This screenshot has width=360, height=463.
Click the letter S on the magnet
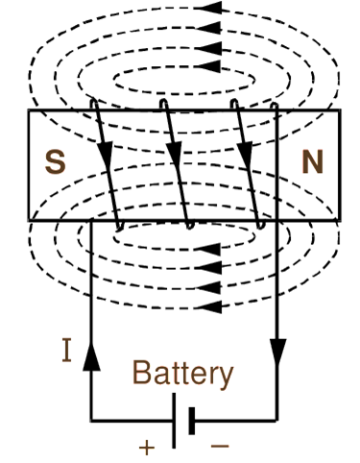pos(57,161)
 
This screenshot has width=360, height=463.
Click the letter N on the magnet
pos(312,161)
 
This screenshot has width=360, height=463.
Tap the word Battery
pos(182,373)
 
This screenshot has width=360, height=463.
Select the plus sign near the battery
pos(147,447)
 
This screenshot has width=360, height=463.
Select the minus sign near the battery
pos(219,447)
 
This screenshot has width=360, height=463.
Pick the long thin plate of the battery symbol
pos(176,421)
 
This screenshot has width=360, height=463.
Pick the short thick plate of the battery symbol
pos(192,421)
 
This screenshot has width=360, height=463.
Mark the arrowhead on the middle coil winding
pos(174,152)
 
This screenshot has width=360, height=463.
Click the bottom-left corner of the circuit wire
pos(91,421)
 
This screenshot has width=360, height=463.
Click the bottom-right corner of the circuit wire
pos(277,421)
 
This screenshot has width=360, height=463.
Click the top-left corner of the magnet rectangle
pos(29,110)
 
